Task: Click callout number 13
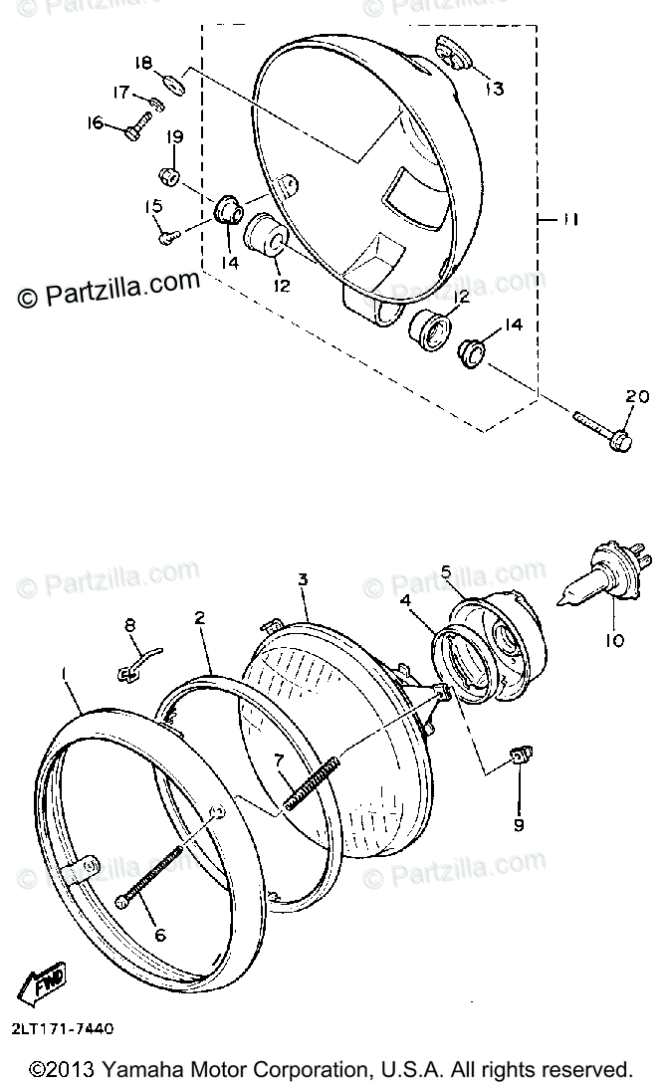494,89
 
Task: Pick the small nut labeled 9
517,758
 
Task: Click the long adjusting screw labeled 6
151,875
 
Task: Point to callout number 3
303,578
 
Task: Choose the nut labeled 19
170,177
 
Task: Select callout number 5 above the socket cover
446,571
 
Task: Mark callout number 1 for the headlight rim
65,673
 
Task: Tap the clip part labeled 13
452,54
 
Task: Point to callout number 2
200,618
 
